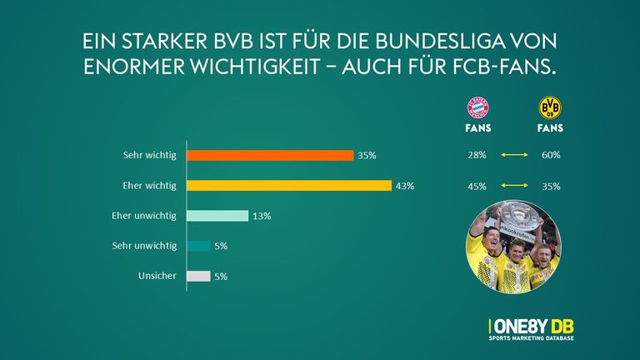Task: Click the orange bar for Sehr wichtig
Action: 270,155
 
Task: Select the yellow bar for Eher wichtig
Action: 289,185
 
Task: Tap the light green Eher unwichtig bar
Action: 217,216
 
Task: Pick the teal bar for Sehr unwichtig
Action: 198,246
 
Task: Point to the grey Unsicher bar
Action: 198,276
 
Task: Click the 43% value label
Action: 405,185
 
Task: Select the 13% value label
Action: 262,216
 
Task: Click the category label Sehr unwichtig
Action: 145,246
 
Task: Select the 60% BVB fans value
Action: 550,155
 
